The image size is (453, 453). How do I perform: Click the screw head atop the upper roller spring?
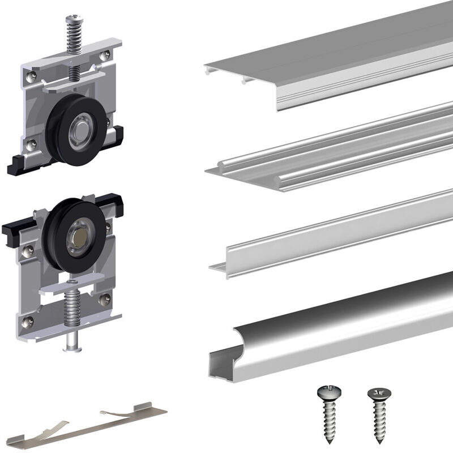[x=74, y=21]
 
